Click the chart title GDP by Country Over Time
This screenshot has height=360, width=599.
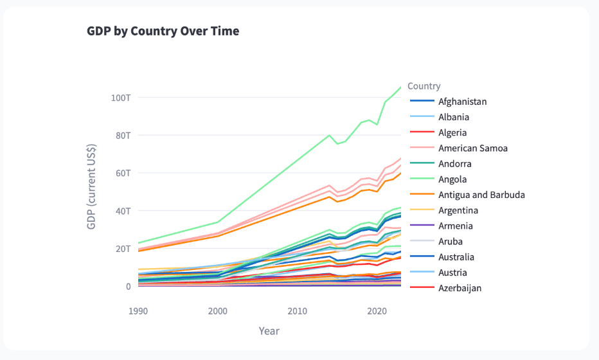pos(163,31)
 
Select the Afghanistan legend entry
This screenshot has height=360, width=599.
pos(462,102)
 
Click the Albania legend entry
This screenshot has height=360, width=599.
pos(454,117)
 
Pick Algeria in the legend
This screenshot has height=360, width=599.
pos(452,132)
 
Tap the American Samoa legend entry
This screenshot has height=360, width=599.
pos(473,148)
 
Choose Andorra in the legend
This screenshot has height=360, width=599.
pos(454,164)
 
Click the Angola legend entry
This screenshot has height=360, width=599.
pos(452,179)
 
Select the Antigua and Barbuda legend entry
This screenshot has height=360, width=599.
pos(481,195)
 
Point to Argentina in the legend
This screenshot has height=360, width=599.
pos(458,211)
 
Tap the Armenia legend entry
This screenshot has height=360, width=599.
pos(456,226)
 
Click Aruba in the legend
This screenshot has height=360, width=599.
pos(451,242)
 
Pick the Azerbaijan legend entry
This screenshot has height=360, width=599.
pos(460,288)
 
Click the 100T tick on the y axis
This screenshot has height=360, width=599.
pos(121,98)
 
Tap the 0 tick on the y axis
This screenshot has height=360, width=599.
pos(129,286)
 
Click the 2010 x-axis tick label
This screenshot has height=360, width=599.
pos(297,310)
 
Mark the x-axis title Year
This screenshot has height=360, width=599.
pos(269,331)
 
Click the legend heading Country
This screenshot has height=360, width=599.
pos(424,86)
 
